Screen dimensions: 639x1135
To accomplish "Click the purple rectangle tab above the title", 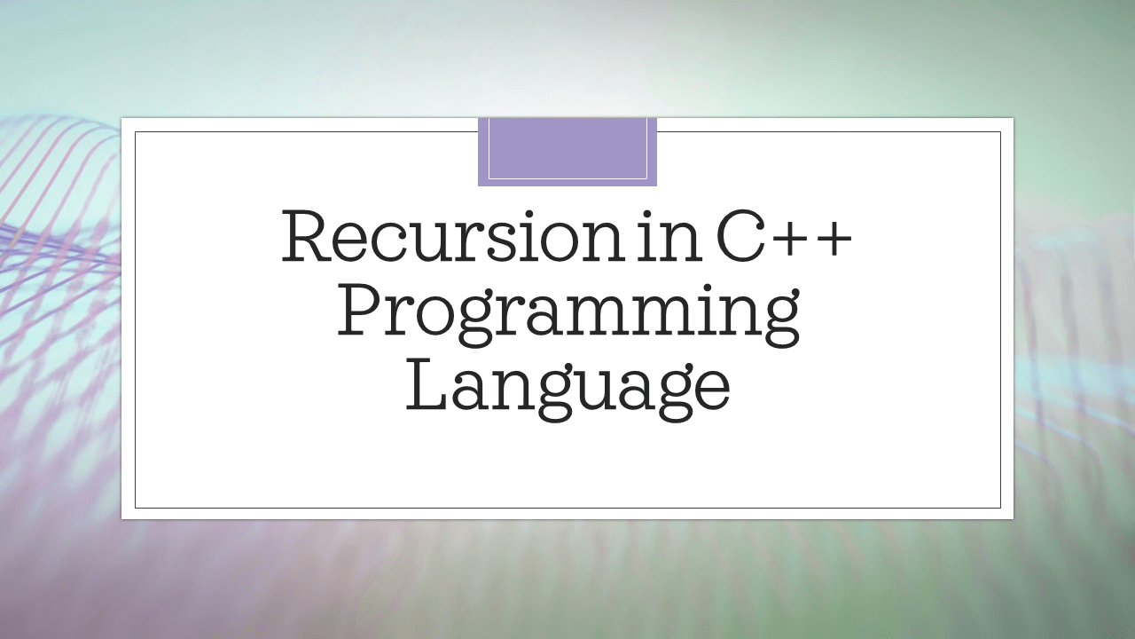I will tap(567, 151).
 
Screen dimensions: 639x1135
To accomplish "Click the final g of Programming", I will tap(778, 324).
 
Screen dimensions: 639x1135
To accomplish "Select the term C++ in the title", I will tap(786, 239).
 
